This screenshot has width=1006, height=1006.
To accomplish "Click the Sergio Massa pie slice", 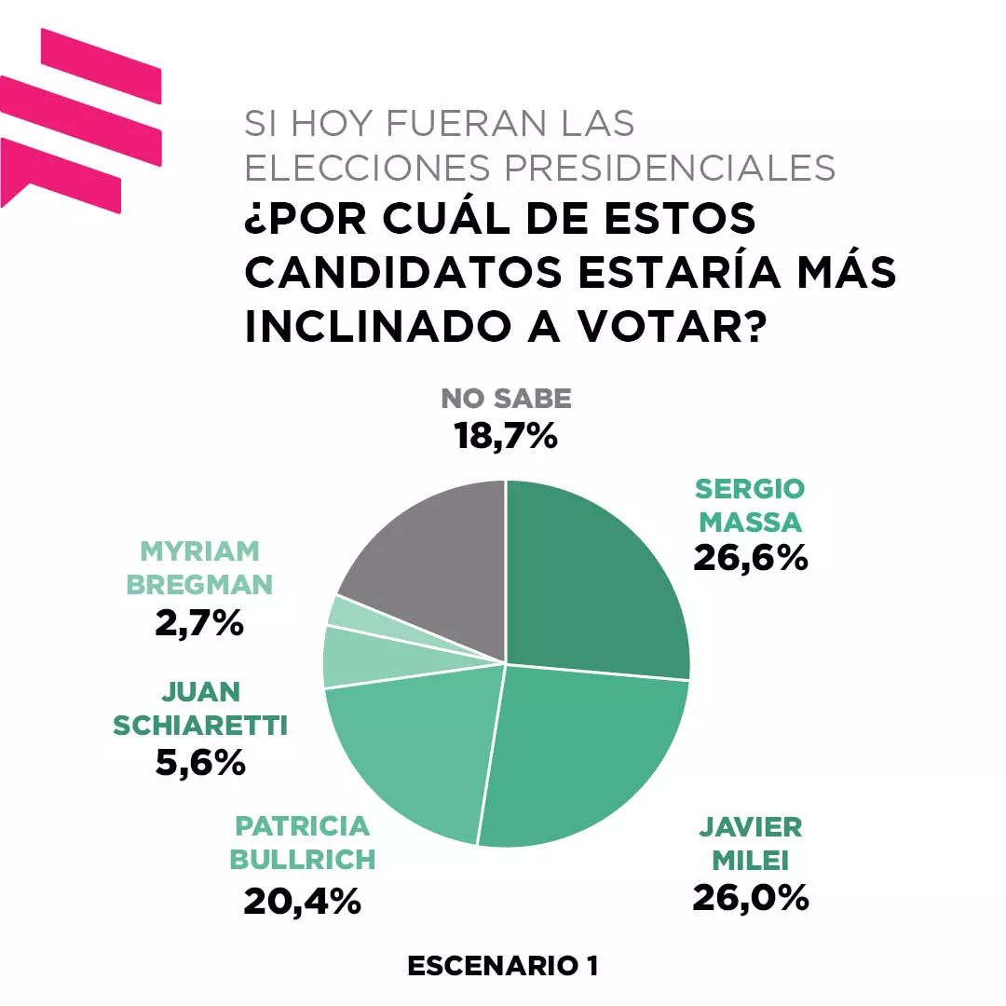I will pos(596,578).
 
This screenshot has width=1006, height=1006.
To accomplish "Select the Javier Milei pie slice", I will pos(582,754).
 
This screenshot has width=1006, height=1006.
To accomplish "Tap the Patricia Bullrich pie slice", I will pos(410,745).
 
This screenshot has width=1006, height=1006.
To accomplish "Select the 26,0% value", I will pos(750,897).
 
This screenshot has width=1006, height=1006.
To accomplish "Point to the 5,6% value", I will pos(200,763).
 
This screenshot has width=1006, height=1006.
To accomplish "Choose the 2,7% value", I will pos(200,622).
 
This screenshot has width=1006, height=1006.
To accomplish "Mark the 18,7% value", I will pos(506,435).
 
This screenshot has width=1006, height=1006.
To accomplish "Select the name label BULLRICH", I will pos(303,860).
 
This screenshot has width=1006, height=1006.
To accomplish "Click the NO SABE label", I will pos(506,399).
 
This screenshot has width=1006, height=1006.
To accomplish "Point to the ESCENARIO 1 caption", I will pos(503,966).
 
